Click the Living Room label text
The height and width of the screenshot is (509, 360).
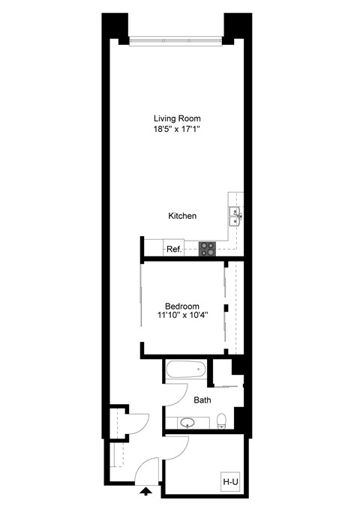(x=177, y=118)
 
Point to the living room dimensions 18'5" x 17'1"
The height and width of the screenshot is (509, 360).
(x=177, y=130)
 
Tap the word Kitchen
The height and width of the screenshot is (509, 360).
(x=182, y=216)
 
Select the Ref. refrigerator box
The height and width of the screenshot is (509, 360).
(x=173, y=249)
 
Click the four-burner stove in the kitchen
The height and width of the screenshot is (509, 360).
(x=207, y=249)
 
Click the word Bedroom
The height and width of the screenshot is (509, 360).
(x=182, y=306)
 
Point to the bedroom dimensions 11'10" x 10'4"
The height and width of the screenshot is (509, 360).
(x=182, y=316)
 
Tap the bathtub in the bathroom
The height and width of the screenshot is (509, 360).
(x=185, y=369)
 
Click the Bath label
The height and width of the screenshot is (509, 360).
(x=202, y=400)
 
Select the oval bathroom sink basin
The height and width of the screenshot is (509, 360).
(x=182, y=422)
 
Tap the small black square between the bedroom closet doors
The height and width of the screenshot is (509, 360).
(x=225, y=308)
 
